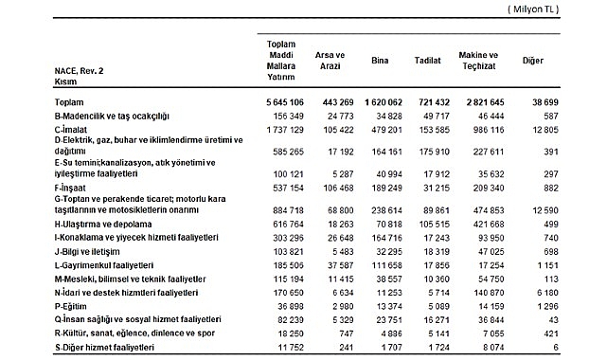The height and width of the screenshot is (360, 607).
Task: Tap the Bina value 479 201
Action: coord(384,126)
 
